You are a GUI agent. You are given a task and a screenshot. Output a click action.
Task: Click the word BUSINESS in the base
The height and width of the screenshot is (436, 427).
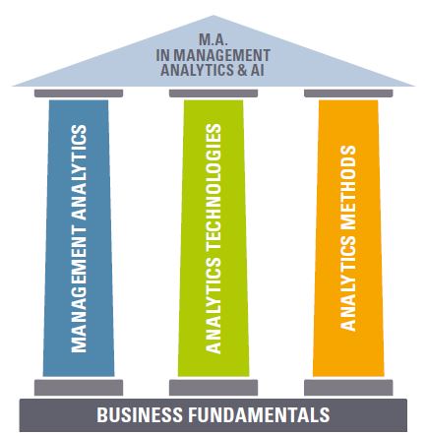(x=140, y=414)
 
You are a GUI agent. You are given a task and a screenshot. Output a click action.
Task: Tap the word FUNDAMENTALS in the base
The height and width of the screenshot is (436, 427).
(x=259, y=414)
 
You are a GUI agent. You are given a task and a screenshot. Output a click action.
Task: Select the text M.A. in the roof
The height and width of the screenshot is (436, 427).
(x=213, y=39)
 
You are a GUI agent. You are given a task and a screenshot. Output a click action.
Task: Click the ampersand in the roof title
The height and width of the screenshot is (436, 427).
(x=242, y=70)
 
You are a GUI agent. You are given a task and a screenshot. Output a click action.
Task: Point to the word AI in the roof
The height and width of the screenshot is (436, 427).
(x=258, y=70)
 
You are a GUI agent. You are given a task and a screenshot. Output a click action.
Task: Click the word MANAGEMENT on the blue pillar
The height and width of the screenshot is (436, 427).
(x=79, y=289)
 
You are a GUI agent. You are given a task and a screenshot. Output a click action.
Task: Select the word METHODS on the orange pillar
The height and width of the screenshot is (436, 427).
(x=348, y=188)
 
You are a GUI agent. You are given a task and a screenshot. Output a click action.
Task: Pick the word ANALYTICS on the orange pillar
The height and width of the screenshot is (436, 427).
(x=348, y=283)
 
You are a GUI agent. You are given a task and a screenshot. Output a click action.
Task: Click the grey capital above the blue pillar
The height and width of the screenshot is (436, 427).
(x=79, y=93)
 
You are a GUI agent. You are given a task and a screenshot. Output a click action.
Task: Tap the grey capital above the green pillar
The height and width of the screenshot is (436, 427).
(x=213, y=93)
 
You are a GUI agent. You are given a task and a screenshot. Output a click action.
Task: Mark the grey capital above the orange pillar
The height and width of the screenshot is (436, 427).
(x=348, y=93)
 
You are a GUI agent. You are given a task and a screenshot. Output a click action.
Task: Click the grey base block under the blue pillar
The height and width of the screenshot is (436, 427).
(x=79, y=388)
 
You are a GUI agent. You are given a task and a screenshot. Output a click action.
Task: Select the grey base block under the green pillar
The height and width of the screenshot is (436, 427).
(x=213, y=388)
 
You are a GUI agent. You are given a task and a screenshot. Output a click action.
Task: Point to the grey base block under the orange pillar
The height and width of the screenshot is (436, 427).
(x=348, y=388)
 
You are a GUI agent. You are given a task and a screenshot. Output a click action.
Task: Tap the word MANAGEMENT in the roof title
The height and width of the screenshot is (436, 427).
(x=221, y=55)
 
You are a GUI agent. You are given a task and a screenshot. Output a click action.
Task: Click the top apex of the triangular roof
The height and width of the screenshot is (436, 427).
(x=213, y=16)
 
